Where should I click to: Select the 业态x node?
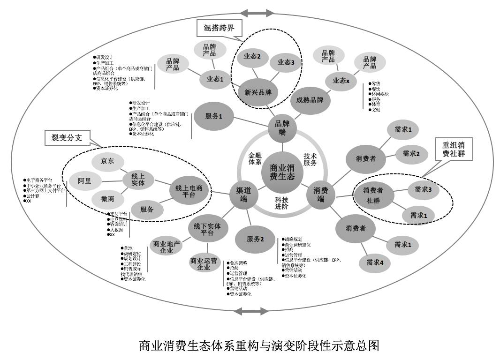(x=341, y=81)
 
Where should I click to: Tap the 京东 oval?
(x=107, y=161)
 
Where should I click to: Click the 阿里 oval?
(x=85, y=181)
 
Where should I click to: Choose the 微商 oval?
(x=107, y=199)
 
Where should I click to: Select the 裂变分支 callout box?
(x=66, y=138)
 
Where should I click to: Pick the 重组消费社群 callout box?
(x=454, y=149)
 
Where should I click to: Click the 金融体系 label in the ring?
(x=255, y=158)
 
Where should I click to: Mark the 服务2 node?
(x=255, y=239)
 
